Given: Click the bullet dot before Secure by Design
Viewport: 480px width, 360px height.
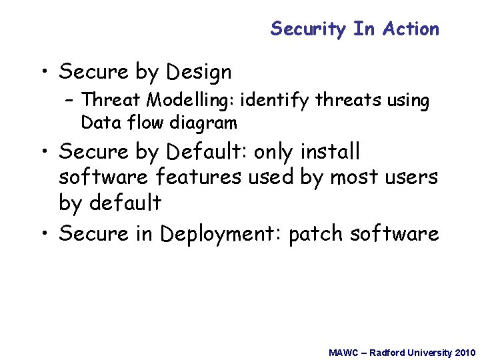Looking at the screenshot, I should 45,72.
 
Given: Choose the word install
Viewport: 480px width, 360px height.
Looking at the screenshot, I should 329,152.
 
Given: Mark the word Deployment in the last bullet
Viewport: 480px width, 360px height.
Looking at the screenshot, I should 220,234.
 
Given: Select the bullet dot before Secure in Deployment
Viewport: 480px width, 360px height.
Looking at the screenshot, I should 45,234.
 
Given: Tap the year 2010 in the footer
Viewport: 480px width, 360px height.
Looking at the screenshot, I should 465,352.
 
